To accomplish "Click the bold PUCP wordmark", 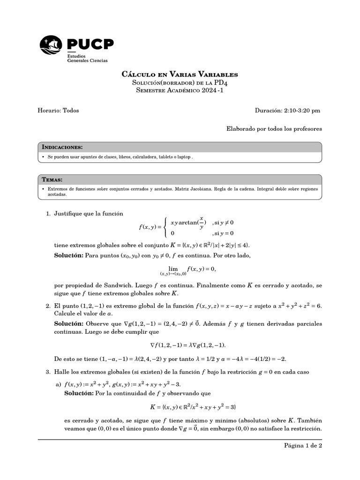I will coord(90,44).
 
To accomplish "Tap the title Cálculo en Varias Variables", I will coord(180,75).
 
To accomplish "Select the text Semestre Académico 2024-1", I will coord(180,90).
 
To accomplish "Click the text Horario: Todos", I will coord(58,111).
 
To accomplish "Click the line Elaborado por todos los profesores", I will coord(274,128).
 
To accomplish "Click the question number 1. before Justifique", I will coord(48,214).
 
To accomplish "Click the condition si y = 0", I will coord(223,233).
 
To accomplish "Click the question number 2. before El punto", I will coord(48,306).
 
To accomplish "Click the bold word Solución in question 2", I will coord(69,323).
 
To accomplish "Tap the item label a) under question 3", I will coord(59,384).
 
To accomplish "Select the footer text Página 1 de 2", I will coord(303,445).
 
